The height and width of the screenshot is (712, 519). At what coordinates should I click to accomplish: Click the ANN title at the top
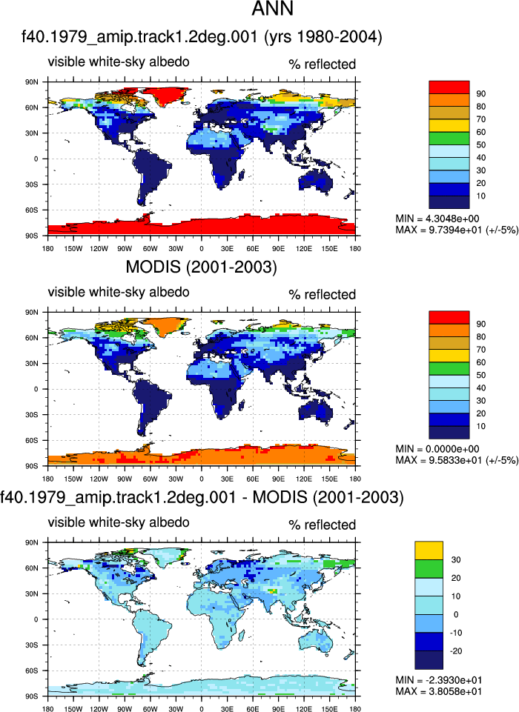point(272,9)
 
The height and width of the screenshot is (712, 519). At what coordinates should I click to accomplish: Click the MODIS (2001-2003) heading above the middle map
point(202,267)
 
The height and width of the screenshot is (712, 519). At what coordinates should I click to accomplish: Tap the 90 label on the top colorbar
point(481,93)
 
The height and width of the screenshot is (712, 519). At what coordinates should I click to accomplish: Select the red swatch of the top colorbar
point(449,87)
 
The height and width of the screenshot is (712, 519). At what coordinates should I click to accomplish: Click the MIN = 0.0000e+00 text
point(437,449)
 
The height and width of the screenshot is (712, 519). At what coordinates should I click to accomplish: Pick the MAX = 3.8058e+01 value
point(439,691)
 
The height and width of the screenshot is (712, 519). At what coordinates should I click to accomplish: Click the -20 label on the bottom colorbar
point(455,651)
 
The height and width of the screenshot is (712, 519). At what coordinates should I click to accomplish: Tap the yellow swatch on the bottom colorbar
point(429,550)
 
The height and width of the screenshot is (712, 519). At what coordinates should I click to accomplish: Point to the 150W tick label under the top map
point(73,248)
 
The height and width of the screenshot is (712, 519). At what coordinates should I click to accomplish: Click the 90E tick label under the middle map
point(279,479)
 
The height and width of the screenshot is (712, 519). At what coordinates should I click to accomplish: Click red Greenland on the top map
point(168,94)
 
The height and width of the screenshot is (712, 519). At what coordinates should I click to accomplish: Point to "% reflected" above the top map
point(323,64)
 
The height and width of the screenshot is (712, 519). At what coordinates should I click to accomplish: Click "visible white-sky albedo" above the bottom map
point(119,522)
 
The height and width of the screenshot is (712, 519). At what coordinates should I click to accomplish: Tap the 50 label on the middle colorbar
point(481,375)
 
